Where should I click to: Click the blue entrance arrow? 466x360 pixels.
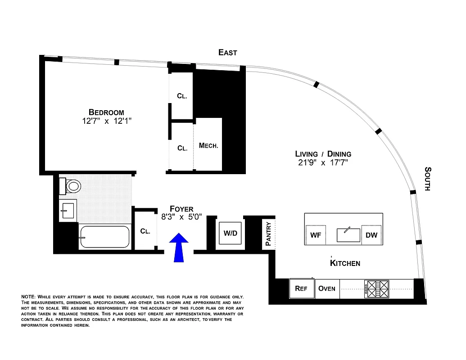(179, 247)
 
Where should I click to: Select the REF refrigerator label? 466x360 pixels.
(301, 288)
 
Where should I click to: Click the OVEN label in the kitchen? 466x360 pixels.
(327, 288)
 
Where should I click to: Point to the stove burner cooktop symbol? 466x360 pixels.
(377, 288)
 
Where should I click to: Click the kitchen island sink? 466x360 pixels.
(348, 234)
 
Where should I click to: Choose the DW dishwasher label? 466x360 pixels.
(371, 235)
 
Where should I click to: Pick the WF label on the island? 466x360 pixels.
(316, 235)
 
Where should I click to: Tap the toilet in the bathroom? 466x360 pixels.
(72, 185)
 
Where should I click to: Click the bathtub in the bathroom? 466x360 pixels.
(104, 237)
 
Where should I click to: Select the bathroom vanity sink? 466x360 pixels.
(68, 210)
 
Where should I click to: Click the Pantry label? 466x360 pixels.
(268, 233)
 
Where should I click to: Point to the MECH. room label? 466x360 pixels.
(208, 146)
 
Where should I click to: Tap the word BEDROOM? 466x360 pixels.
(106, 112)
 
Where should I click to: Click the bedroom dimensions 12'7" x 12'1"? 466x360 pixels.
(106, 121)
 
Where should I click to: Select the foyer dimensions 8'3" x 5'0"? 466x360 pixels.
(181, 217)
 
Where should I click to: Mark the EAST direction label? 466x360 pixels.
(228, 53)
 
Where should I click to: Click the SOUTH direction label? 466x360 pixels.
(428, 179)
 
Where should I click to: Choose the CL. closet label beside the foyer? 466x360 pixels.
(145, 231)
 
